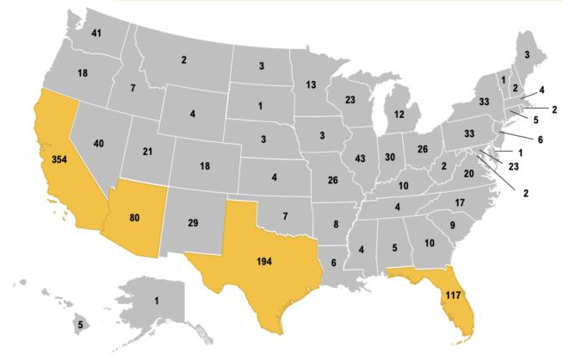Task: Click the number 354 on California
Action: click(x=59, y=161)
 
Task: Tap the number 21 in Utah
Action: click(x=147, y=152)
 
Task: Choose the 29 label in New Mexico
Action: click(x=194, y=223)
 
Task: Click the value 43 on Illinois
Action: click(x=359, y=159)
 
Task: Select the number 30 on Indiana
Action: click(x=389, y=158)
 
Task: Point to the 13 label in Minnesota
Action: click(x=311, y=84)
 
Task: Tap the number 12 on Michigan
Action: click(x=399, y=115)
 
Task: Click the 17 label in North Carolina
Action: click(x=460, y=203)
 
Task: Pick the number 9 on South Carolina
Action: click(x=452, y=226)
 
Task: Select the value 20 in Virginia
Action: click(x=469, y=174)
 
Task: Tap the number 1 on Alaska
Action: click(x=157, y=301)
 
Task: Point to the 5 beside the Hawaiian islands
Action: click(x=80, y=325)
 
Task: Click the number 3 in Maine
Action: click(x=527, y=55)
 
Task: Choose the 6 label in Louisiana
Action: click(x=333, y=264)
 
